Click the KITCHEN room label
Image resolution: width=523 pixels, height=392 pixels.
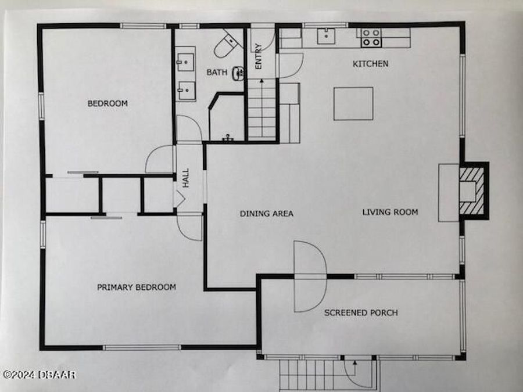(371, 63)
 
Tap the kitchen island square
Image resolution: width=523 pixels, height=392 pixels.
(353, 103)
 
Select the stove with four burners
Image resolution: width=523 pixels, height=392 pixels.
(371, 38)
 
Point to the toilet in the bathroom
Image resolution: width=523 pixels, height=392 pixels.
(227, 44)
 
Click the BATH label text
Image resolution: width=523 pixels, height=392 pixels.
(217, 73)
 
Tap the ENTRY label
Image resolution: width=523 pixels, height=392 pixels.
(259, 57)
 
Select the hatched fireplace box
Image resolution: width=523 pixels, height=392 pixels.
(471, 190)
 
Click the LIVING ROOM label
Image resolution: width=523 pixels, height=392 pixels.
(390, 212)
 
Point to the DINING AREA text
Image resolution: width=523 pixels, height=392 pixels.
(267, 214)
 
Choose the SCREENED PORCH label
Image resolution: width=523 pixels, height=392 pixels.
(361, 312)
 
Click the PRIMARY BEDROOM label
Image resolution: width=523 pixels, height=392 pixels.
(137, 287)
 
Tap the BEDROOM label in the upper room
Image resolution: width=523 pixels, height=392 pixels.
(108, 103)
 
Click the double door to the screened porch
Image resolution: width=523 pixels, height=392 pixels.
(310, 276)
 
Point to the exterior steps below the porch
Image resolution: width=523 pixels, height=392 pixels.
(308, 375)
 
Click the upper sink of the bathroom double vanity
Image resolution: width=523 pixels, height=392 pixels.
(187, 60)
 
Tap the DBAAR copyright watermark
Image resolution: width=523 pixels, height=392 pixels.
(39, 375)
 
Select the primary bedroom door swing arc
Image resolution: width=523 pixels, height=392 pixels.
(190, 227)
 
